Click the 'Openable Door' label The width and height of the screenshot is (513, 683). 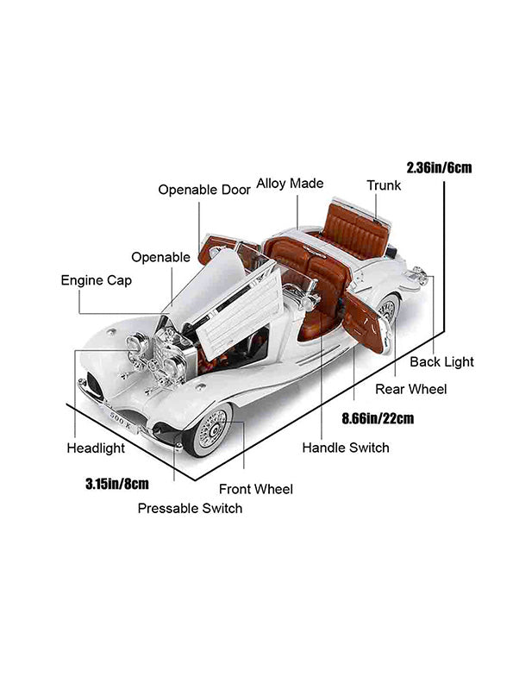coord(204,190)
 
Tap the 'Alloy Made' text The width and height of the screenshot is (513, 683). coord(290,183)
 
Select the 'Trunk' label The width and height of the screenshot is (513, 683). coord(384,185)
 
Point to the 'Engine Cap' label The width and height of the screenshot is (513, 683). coord(97,280)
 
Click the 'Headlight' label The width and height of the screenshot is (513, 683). coord(96,448)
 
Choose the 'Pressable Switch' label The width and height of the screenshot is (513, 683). coord(190,508)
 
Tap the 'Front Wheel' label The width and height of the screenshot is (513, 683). coord(256,489)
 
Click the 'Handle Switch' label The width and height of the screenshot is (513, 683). coord(346,448)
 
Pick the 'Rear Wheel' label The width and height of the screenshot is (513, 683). coord(411,389)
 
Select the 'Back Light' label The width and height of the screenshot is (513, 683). coord(442,362)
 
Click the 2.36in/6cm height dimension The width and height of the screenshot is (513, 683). coord(440,167)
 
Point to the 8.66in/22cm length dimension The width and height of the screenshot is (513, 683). coord(378,418)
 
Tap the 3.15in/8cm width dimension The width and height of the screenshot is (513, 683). coord(117,484)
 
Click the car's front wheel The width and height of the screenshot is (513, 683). coord(209,430)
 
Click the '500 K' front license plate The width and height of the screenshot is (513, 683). coord(119,420)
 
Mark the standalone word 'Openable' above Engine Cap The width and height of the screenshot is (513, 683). coord(160,258)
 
